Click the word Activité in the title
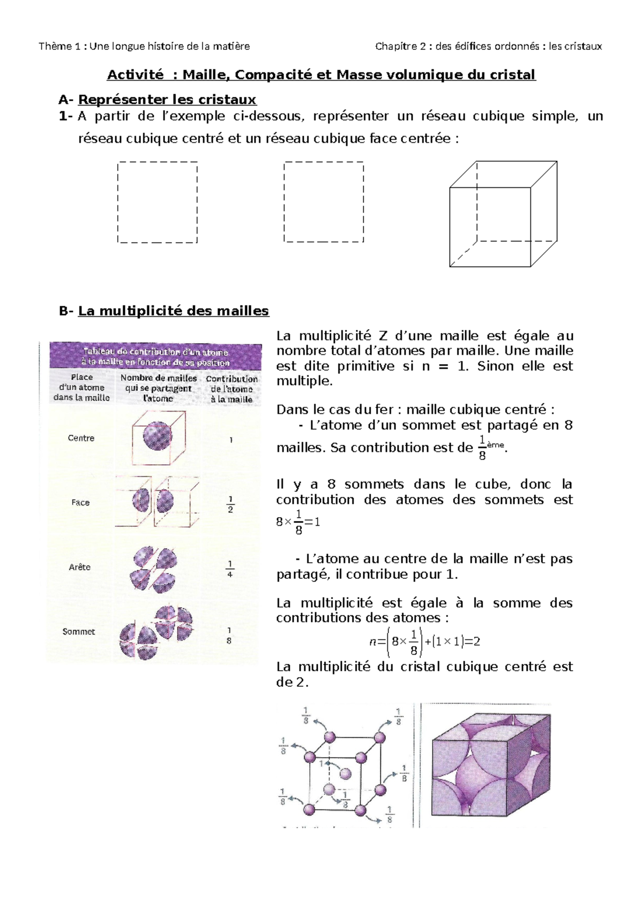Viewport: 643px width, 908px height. click(x=135, y=74)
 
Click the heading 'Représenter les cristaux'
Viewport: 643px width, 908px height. click(x=167, y=100)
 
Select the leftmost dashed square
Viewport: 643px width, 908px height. click(x=157, y=202)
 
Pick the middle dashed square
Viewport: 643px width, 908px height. click(x=324, y=202)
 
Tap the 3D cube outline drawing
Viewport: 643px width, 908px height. click(x=503, y=214)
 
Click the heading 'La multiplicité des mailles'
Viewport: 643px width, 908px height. click(x=173, y=311)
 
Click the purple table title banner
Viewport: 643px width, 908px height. click(x=155, y=357)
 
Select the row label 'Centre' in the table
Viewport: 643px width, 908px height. click(x=81, y=438)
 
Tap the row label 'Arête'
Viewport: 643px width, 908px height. click(x=79, y=567)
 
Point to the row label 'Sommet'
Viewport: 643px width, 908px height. click(x=79, y=632)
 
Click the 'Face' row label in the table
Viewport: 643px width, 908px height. click(x=80, y=503)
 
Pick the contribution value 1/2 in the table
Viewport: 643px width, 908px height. click(x=230, y=504)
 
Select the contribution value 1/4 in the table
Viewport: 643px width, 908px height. click(x=230, y=569)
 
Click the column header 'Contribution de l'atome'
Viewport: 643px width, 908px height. click(x=231, y=389)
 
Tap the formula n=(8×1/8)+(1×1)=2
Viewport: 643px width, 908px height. click(x=424, y=642)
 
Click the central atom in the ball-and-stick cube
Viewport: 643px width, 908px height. click(x=345, y=774)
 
